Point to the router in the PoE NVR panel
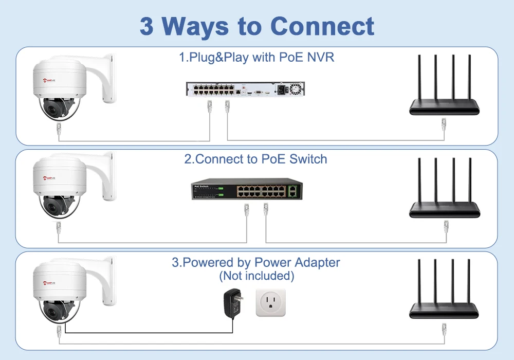(x=444, y=90)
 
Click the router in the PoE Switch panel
(x=444, y=193)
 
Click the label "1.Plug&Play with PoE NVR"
(x=256, y=57)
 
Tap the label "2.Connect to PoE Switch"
(x=255, y=158)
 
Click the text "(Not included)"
(x=256, y=276)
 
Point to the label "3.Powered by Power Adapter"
(x=255, y=263)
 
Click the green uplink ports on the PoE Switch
(x=292, y=191)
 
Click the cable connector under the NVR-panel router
(x=444, y=123)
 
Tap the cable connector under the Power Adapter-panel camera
(x=59, y=330)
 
